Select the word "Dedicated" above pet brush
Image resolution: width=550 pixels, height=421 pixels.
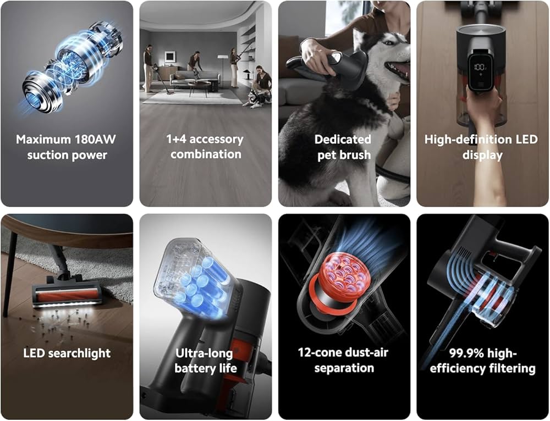(x=343, y=140)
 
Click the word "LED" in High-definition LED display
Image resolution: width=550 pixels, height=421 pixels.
(x=526, y=140)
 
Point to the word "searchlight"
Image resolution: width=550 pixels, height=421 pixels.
(x=79, y=353)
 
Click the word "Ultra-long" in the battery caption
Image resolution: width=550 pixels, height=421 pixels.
(x=204, y=353)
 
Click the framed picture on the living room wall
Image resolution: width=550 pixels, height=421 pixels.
(x=170, y=57)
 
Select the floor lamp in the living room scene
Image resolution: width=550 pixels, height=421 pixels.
(x=222, y=71)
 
